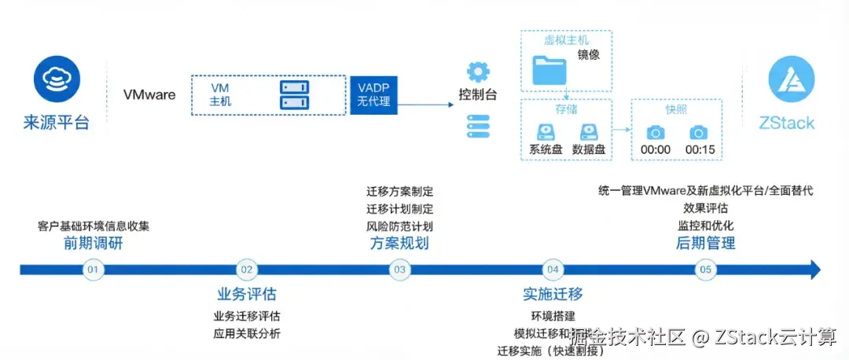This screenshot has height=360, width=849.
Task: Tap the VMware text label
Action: tap(149, 94)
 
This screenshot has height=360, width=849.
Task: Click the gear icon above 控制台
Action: tap(478, 72)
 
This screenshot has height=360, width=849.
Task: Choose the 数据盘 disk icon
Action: tap(589, 132)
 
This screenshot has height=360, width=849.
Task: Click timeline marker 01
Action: tap(94, 270)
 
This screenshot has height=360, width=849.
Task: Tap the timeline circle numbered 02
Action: tap(247, 270)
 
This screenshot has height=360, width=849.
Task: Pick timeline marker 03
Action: tap(400, 270)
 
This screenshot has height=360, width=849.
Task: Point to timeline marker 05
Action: tap(706, 270)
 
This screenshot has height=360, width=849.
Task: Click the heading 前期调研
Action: tap(94, 243)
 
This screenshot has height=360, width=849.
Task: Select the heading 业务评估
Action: tap(247, 295)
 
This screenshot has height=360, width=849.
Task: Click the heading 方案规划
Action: tap(400, 243)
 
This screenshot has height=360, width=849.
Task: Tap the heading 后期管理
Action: tap(706, 243)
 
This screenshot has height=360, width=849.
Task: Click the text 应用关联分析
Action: tap(247, 333)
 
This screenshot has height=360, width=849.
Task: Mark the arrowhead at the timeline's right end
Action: tap(815, 270)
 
